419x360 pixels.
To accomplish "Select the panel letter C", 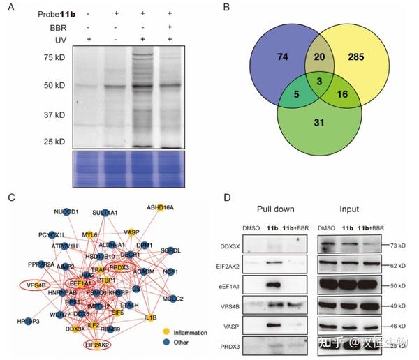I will [x=10, y=197].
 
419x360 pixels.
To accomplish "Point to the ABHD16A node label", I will [x=160, y=207].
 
